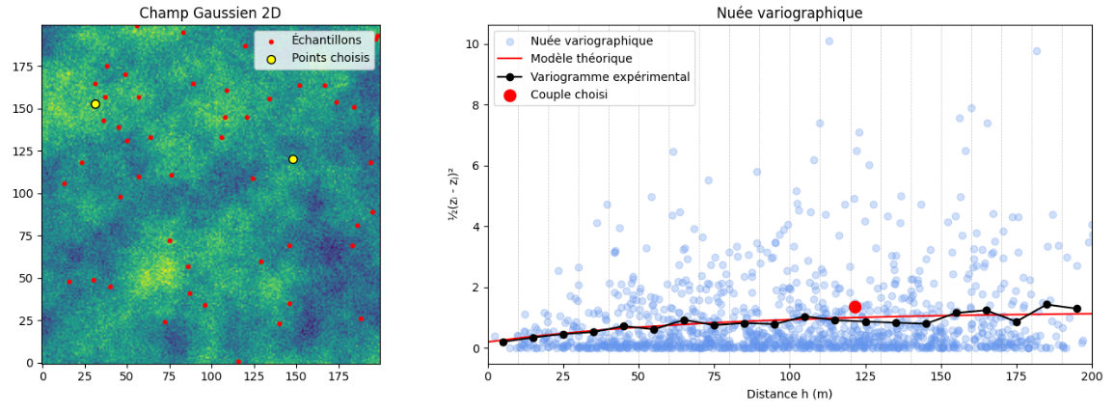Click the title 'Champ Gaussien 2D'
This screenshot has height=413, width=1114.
click(x=210, y=13)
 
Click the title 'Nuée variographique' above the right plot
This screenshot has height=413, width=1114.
click(x=789, y=13)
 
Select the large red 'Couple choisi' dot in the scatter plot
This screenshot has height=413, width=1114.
click(x=855, y=307)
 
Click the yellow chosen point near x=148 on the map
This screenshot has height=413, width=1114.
click(x=293, y=159)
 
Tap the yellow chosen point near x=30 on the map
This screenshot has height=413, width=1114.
click(x=95, y=104)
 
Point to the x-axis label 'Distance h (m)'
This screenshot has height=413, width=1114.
click(x=789, y=394)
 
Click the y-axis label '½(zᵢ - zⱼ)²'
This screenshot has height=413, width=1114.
click(x=453, y=195)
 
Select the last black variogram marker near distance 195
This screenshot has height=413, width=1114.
click(x=1076, y=309)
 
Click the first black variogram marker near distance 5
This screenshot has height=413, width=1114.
click(x=503, y=342)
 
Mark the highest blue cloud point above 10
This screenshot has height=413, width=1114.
click(x=829, y=41)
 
